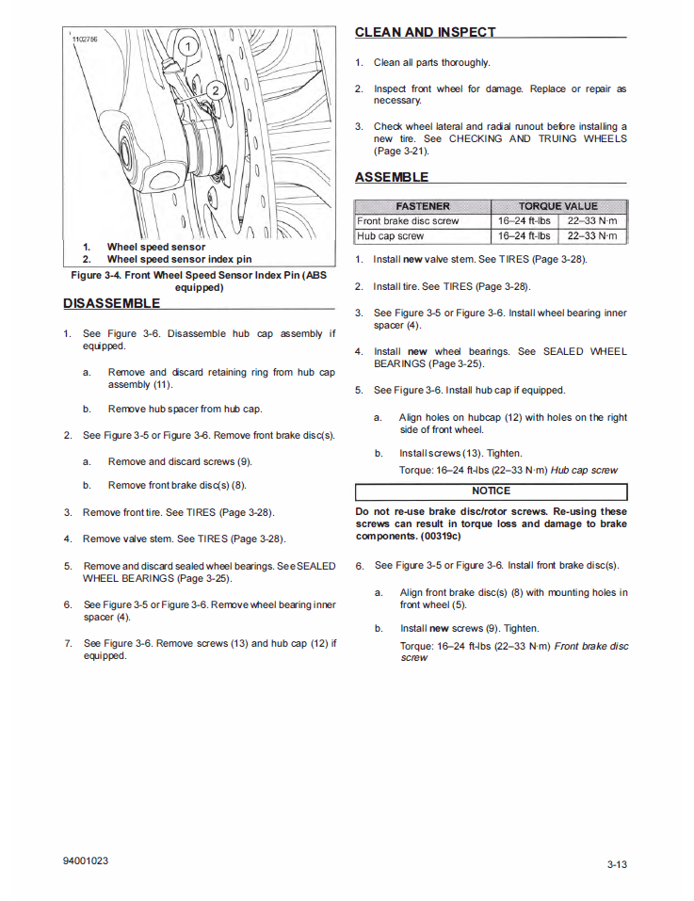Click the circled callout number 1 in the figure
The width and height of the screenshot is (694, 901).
(x=187, y=45)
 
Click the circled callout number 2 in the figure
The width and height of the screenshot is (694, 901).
(x=215, y=90)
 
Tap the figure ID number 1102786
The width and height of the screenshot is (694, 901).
(x=85, y=39)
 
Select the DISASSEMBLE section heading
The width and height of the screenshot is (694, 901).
(x=111, y=303)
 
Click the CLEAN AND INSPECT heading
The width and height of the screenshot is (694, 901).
(x=425, y=32)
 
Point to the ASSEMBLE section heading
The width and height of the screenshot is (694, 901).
(x=392, y=177)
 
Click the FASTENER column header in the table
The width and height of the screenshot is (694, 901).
(x=423, y=206)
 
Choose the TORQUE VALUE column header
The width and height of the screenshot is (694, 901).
(x=557, y=206)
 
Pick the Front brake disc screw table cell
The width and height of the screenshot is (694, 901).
(x=408, y=221)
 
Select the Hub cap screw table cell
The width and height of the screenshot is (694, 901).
(x=391, y=236)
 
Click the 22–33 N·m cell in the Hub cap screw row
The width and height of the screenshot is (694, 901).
(x=592, y=236)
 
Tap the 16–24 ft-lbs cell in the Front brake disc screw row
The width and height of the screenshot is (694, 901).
(x=525, y=221)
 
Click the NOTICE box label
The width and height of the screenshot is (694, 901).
(x=491, y=491)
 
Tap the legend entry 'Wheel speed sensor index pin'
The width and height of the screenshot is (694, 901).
(x=179, y=259)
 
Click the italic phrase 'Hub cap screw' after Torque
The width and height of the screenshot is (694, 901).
(x=585, y=470)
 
